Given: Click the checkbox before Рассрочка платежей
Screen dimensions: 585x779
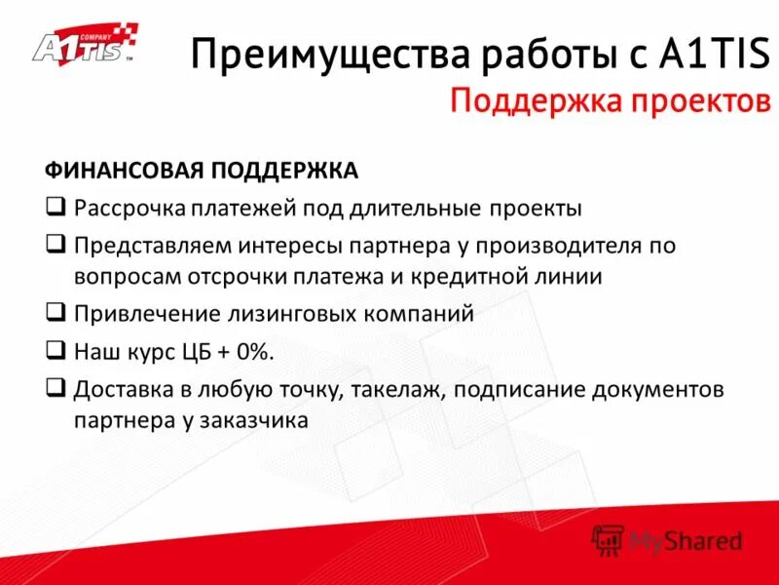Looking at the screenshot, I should (x=56, y=208).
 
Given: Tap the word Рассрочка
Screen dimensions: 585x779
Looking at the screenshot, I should (x=123, y=208).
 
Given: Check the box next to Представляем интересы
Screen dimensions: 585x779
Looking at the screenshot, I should (x=56, y=244).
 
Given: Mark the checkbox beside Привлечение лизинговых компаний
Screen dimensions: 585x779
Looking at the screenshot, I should (x=56, y=314).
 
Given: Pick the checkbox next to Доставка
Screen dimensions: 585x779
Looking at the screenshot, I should (x=56, y=388).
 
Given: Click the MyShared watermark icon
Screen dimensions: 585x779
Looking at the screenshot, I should (x=610, y=538).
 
